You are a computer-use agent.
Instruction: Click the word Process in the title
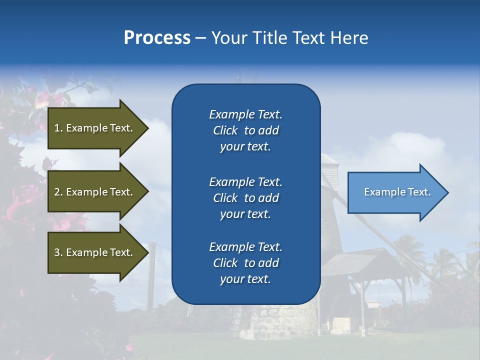(x=157, y=38)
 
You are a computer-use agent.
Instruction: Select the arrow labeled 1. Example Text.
(x=95, y=128)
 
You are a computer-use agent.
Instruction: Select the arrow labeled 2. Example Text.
(x=95, y=192)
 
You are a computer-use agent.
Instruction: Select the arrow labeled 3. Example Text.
(x=95, y=252)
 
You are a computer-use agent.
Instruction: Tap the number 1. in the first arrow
(x=58, y=128)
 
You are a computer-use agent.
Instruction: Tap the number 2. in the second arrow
(x=58, y=192)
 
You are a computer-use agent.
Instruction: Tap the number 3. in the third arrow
(x=58, y=252)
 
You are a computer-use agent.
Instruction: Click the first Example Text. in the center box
(x=245, y=114)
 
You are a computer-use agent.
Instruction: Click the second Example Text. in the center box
(x=245, y=182)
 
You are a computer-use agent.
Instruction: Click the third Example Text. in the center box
(x=245, y=247)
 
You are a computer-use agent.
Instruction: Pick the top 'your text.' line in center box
(x=245, y=147)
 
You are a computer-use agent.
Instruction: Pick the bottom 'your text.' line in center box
(x=245, y=279)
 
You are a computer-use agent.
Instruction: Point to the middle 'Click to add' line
(x=245, y=198)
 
